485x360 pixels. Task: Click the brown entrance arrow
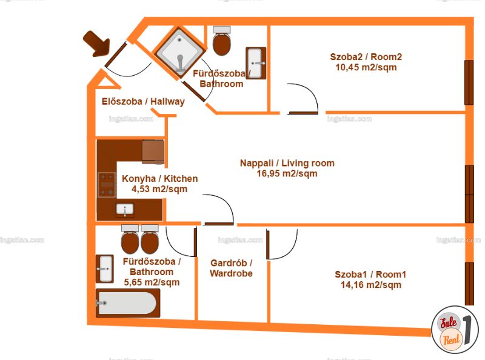coord(98,44)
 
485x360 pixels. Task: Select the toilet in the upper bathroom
coord(222,41)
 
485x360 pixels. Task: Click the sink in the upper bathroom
coord(256,63)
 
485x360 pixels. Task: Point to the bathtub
coord(128,303)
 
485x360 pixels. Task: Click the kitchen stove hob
coord(107,185)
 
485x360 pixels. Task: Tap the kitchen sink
coord(125,210)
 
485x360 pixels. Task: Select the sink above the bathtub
coord(104,268)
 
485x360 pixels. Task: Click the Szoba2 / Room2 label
coord(366,57)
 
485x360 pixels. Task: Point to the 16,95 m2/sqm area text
coord(287,173)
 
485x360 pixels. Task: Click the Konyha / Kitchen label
coord(159,178)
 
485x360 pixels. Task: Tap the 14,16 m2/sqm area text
coord(371,285)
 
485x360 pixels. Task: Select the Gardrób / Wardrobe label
coord(231,268)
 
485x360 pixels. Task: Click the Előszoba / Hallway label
coord(143,101)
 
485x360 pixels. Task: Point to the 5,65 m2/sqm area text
coord(152,282)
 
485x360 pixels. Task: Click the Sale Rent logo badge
coord(455,330)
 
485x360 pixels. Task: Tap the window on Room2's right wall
coord(469,82)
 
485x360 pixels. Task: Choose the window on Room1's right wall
coord(469,284)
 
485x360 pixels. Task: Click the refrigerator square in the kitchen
coord(153,152)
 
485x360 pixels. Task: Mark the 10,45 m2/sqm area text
coord(366,67)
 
